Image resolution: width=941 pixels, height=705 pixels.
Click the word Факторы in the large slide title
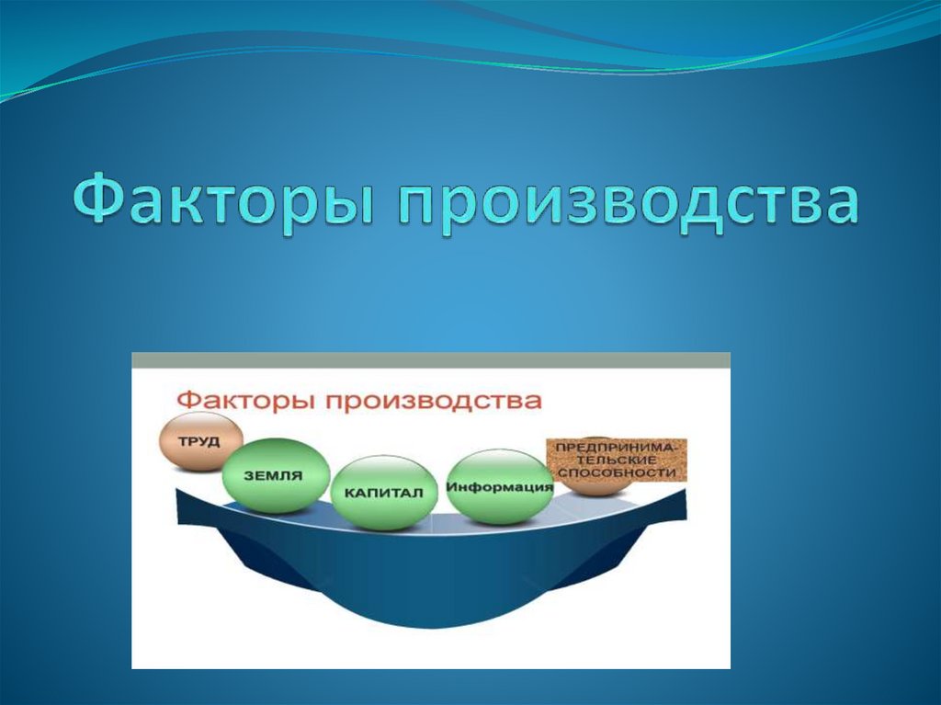tap(226, 198)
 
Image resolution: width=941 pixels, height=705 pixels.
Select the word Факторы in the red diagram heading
tap(246, 401)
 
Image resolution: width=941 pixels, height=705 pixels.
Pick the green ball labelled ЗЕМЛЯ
tap(276, 475)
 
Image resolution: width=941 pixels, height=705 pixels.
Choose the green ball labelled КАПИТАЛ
tap(383, 494)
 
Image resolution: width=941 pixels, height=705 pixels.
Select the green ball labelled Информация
tap(500, 486)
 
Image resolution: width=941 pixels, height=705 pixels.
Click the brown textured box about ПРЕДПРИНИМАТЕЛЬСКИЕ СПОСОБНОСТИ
tap(617, 461)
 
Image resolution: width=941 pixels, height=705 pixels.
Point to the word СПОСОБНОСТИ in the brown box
tap(617, 472)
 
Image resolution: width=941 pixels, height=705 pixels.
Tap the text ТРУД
tap(199, 442)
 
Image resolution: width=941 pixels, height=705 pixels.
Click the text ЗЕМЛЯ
tap(273, 476)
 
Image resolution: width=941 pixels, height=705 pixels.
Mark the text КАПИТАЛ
tap(383, 494)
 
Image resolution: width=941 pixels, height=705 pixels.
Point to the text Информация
tap(500, 487)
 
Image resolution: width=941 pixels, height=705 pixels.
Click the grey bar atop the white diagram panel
tap(431, 359)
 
